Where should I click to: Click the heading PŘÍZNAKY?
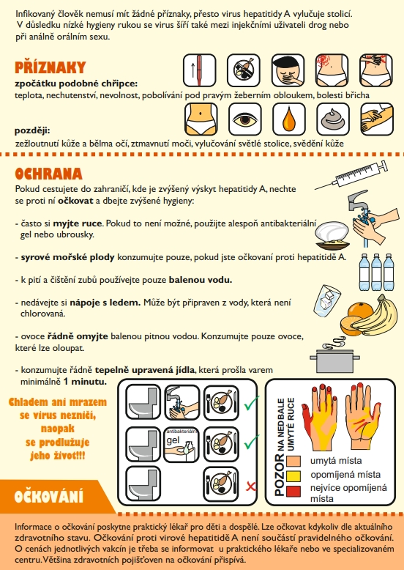click(x=50, y=67)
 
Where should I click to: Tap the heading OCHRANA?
click(x=48, y=174)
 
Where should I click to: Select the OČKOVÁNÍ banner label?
click(x=48, y=497)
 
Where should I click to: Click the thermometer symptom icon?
click(x=199, y=70)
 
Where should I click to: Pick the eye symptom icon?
click(x=245, y=119)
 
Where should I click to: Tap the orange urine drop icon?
click(x=289, y=119)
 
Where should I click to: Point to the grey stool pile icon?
click(x=333, y=119)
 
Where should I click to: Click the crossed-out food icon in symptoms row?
click(x=244, y=70)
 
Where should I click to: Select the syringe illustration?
click(x=351, y=175)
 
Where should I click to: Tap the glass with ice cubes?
click(x=327, y=300)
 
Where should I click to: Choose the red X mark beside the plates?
click(x=250, y=486)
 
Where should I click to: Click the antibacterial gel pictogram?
click(x=182, y=445)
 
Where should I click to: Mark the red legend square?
click(x=293, y=491)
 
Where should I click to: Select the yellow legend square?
click(x=293, y=475)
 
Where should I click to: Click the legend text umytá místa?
click(x=336, y=461)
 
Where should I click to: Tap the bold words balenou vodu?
click(x=201, y=280)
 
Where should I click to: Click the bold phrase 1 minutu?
click(x=85, y=382)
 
